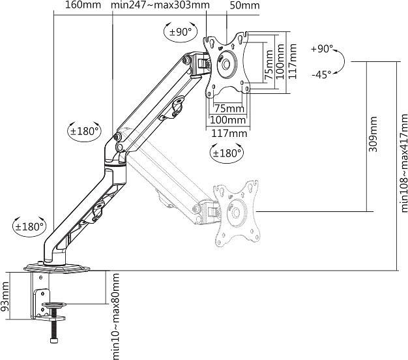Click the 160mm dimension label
83,6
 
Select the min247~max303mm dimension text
160,6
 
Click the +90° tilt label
322,49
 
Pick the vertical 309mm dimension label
373,134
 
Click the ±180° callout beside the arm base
29,227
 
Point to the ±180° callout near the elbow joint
84,130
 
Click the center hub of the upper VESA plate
227,65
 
